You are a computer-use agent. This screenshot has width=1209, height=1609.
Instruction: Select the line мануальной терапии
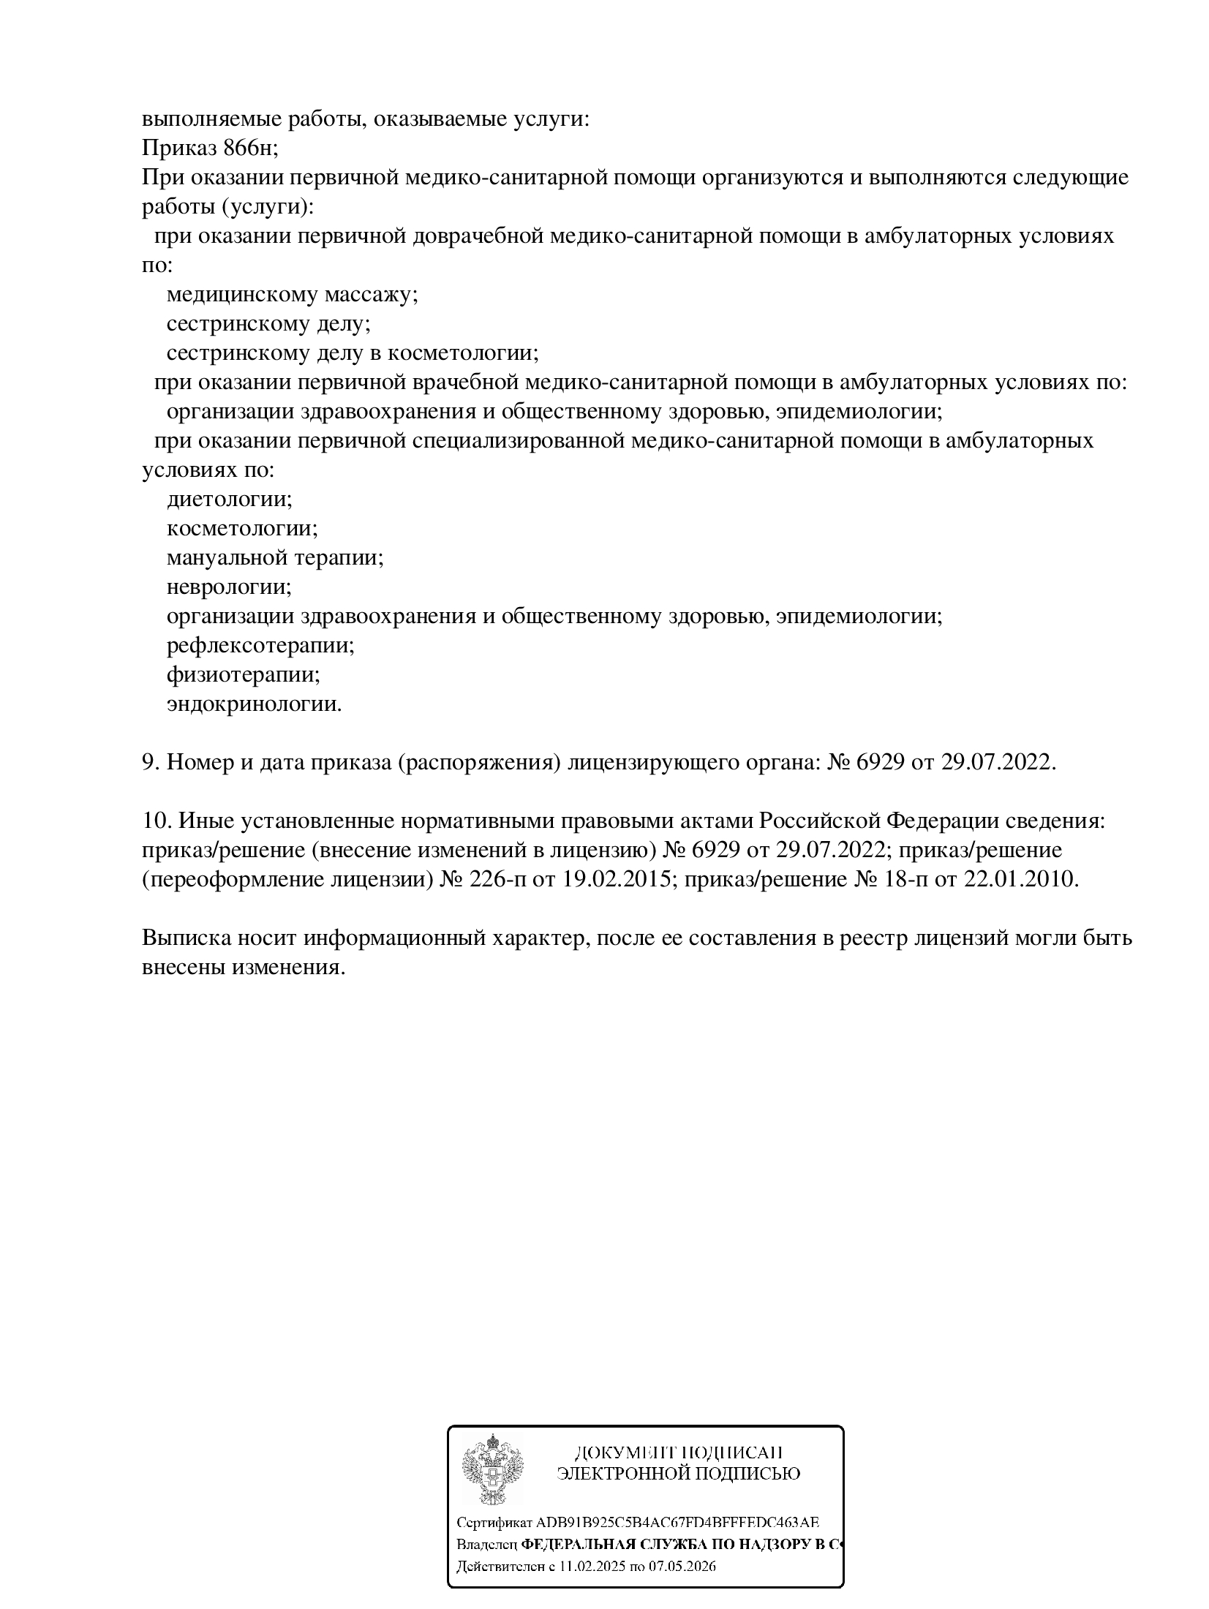tap(275, 558)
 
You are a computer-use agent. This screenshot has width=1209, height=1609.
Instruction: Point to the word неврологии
tap(229, 587)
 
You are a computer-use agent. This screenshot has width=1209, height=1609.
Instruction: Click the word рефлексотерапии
tap(260, 646)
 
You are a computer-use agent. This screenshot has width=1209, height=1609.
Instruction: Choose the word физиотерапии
tap(244, 675)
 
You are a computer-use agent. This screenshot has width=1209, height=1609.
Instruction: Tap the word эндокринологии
tap(254, 704)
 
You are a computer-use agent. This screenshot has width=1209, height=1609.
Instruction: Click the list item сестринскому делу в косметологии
tap(353, 353)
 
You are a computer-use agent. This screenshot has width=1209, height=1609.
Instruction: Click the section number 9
tap(150, 762)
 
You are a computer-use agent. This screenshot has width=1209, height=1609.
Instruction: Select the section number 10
tap(156, 821)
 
